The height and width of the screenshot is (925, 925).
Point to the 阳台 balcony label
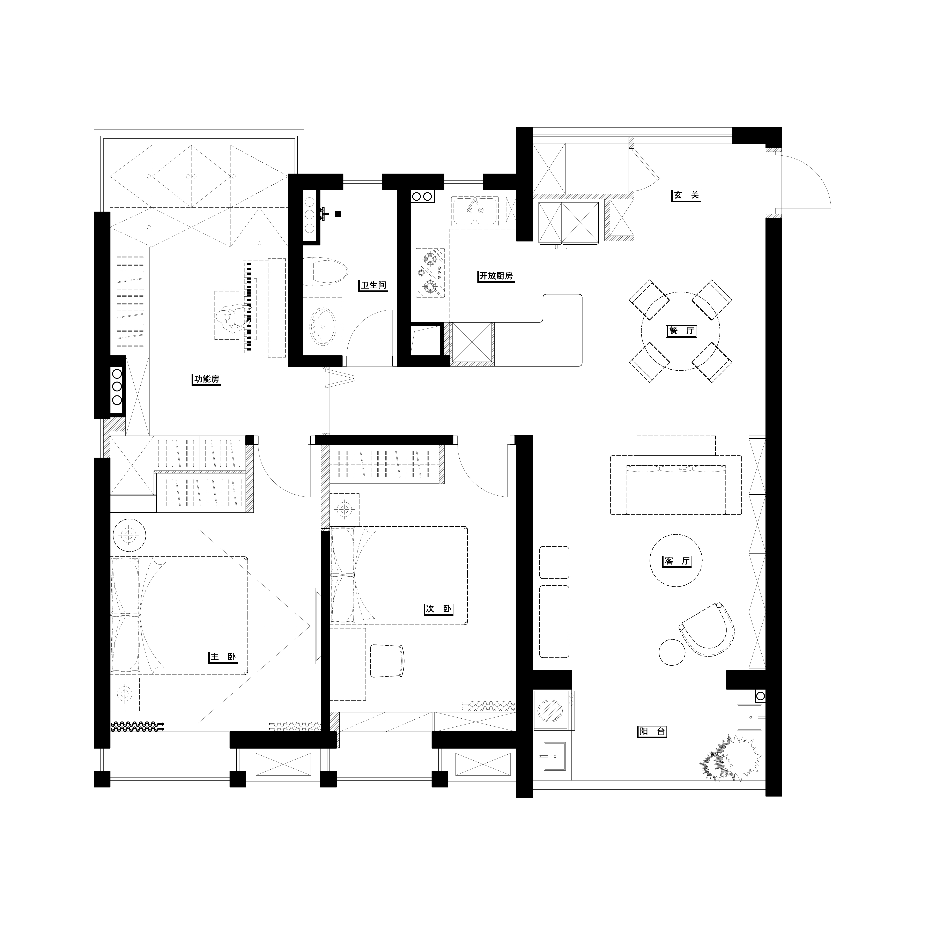click(652, 732)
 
